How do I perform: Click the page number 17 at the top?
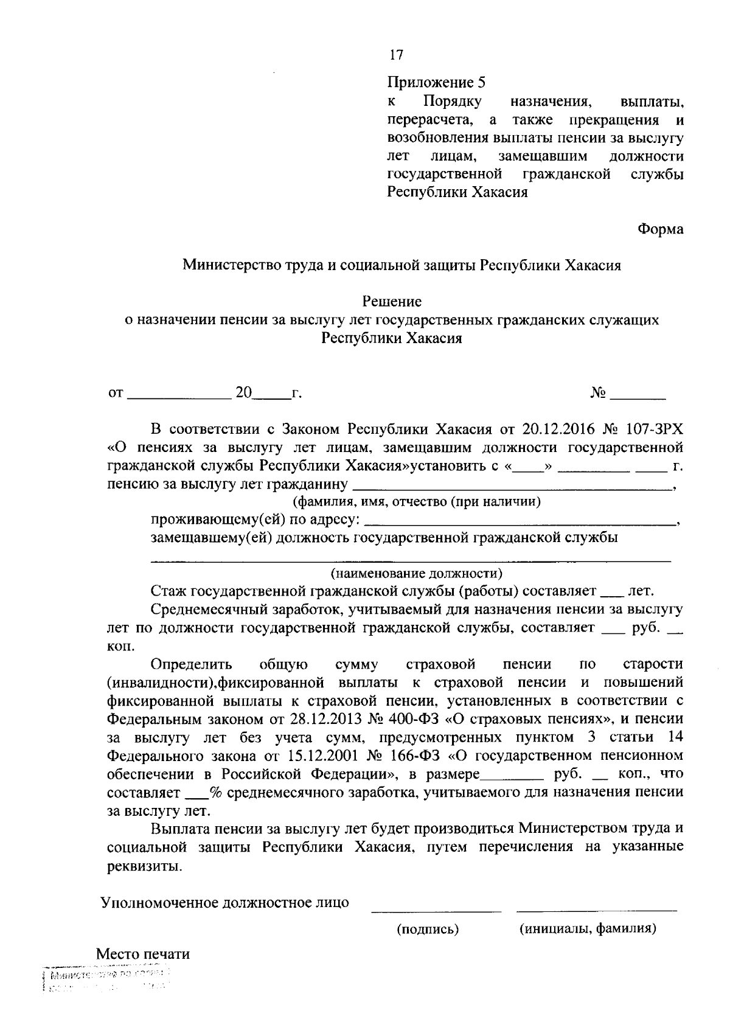[396, 55]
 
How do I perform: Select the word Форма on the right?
[660, 229]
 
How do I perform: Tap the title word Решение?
[392, 301]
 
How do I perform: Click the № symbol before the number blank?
[598, 394]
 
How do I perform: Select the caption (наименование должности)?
[417, 573]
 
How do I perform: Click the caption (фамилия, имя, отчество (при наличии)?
[417, 502]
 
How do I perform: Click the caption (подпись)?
[428, 929]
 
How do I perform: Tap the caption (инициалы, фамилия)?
[587, 929]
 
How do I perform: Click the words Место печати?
[143, 954]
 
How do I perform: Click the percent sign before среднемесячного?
[214, 793]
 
